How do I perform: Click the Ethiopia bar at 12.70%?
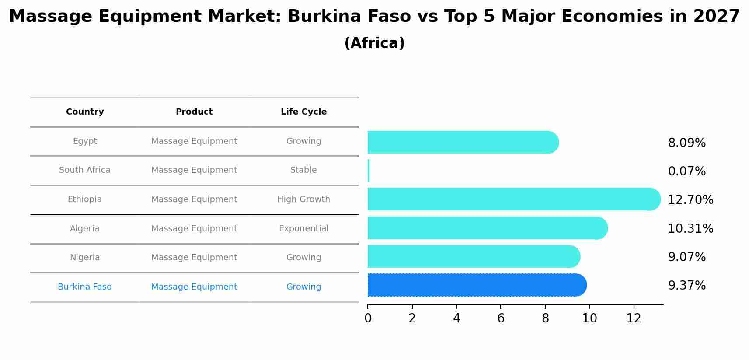(514, 199)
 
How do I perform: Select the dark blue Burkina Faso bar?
(477, 285)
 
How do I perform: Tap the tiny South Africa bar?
(369, 171)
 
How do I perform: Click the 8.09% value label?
(686, 143)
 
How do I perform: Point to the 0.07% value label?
(686, 171)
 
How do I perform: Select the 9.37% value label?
(686, 286)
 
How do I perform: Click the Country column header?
(85, 112)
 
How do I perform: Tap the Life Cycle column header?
(303, 112)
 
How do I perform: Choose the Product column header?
(194, 112)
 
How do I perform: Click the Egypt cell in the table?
(85, 141)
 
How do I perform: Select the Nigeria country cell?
(85, 258)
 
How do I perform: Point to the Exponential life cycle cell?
(303, 229)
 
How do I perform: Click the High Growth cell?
(303, 199)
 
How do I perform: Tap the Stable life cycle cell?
(303, 170)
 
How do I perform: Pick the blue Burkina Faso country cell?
(85, 287)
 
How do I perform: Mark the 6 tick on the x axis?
(501, 318)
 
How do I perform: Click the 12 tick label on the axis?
(634, 318)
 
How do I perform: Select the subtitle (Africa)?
(374, 43)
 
